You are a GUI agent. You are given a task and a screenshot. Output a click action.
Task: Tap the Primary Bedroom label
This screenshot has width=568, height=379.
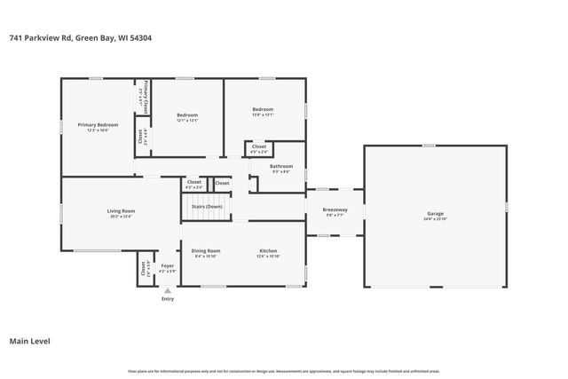[x=98, y=125]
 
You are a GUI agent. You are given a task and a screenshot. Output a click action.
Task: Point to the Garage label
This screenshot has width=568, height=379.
[x=435, y=214]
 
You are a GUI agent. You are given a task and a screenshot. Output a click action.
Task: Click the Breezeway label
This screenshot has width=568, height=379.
[x=335, y=209]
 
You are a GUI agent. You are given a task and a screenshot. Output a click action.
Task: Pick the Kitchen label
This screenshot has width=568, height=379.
[x=269, y=251]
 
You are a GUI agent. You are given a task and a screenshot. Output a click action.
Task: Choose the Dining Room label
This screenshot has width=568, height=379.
[x=207, y=251]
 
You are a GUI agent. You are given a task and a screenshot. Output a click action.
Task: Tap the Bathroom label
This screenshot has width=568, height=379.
[x=281, y=166]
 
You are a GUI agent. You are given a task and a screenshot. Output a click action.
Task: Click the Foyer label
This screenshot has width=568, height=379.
[x=167, y=265]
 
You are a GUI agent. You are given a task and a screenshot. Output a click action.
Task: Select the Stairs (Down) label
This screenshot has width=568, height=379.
[x=208, y=206]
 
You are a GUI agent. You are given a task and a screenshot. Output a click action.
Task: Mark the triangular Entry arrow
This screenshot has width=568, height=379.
[x=167, y=290]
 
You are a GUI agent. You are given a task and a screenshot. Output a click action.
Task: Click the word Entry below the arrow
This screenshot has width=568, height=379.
[x=167, y=299]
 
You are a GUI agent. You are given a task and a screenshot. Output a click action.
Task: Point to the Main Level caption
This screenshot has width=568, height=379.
[x=29, y=341]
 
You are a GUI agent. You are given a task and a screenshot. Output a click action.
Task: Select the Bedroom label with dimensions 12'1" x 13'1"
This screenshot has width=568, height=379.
[x=186, y=114]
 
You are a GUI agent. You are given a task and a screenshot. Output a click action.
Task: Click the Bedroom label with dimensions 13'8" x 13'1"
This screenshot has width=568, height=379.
[x=263, y=109]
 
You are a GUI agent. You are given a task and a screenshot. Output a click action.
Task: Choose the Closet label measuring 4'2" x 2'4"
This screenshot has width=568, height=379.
[x=193, y=182]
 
